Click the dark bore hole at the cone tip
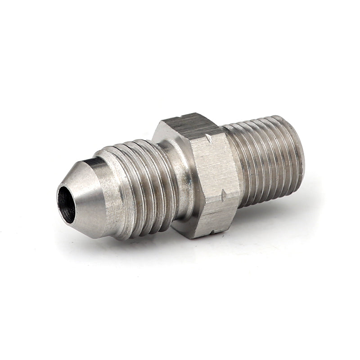point(67,203)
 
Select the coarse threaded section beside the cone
point(139,180)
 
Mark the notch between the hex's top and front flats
point(207,138)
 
